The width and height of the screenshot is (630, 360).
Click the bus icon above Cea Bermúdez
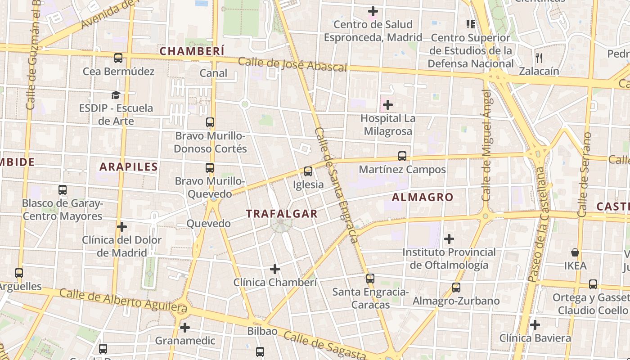tap(118, 58)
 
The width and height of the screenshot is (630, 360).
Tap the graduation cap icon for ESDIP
tap(116, 95)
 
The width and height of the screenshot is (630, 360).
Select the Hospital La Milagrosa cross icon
tap(387, 105)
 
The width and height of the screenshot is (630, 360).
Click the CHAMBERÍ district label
tap(192, 51)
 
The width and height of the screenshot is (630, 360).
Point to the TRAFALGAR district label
tap(282, 214)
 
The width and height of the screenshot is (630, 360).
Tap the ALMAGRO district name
tap(422, 197)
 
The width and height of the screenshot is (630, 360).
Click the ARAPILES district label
tap(129, 167)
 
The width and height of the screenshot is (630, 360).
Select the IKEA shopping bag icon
tap(575, 252)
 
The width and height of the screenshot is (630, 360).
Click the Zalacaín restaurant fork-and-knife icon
tap(539, 58)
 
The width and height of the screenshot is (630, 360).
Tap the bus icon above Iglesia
tap(308, 171)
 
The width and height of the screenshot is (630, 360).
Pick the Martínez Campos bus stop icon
tap(402, 156)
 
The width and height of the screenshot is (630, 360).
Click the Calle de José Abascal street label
tap(292, 64)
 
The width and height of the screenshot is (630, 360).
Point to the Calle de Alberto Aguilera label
tap(123, 301)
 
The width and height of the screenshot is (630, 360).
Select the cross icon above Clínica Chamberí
tap(274, 269)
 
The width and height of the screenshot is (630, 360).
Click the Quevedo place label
tap(208, 224)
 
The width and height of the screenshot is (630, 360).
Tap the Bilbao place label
tap(262, 331)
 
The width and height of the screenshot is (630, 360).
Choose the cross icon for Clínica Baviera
tap(535, 324)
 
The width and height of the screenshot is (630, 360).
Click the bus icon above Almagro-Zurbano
tap(456, 287)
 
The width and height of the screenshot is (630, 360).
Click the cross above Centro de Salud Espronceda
tap(373, 11)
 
